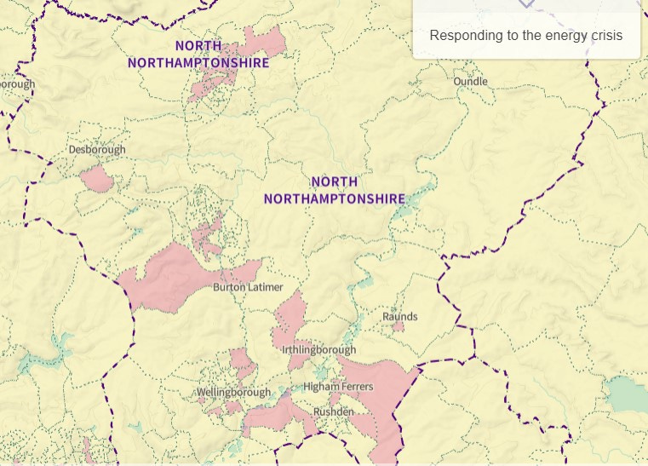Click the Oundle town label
(470, 81)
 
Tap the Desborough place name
(97, 149)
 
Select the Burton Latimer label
(248, 287)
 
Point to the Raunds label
(399, 316)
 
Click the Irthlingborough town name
(318, 349)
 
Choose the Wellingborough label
(233, 392)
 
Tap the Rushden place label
(333, 411)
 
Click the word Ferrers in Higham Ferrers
(357, 387)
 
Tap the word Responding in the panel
(466, 36)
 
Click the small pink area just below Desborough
(97, 179)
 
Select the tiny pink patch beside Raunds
(399, 326)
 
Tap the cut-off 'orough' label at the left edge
(17, 84)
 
